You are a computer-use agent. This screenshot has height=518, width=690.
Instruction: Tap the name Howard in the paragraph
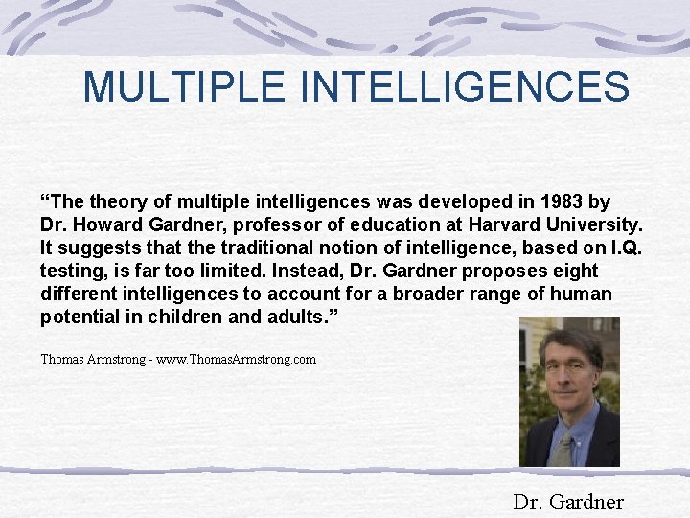tap(106, 224)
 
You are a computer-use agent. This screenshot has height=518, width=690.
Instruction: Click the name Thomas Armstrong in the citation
tap(93, 360)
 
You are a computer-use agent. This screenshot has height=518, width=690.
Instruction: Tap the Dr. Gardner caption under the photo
tap(568, 502)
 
